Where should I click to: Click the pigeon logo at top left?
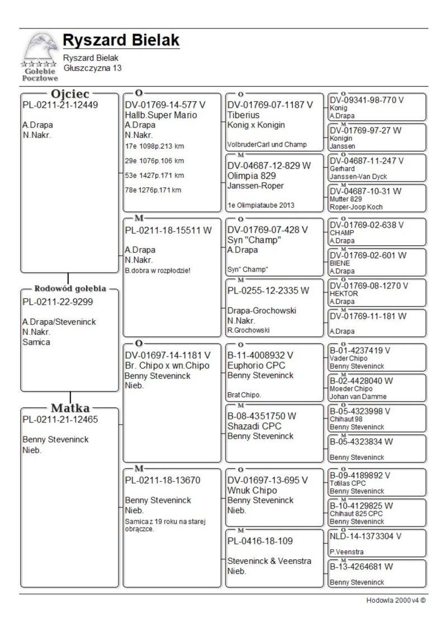(40, 56)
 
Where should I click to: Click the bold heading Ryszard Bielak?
(121, 40)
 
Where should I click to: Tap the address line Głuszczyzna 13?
(92, 68)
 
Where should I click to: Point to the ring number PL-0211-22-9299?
(58, 302)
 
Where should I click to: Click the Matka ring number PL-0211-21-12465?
(60, 420)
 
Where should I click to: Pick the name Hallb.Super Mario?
(161, 115)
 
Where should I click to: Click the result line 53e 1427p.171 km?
(154, 175)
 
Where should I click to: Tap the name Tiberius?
(244, 115)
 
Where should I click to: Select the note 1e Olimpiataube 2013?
(261, 205)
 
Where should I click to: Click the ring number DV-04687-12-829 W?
(269, 165)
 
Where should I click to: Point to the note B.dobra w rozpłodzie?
(158, 270)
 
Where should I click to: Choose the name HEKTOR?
(344, 293)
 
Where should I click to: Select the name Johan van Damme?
(358, 397)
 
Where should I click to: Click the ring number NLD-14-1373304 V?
(366, 536)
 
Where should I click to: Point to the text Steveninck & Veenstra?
(269, 561)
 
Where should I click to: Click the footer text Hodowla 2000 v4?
(396, 601)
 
